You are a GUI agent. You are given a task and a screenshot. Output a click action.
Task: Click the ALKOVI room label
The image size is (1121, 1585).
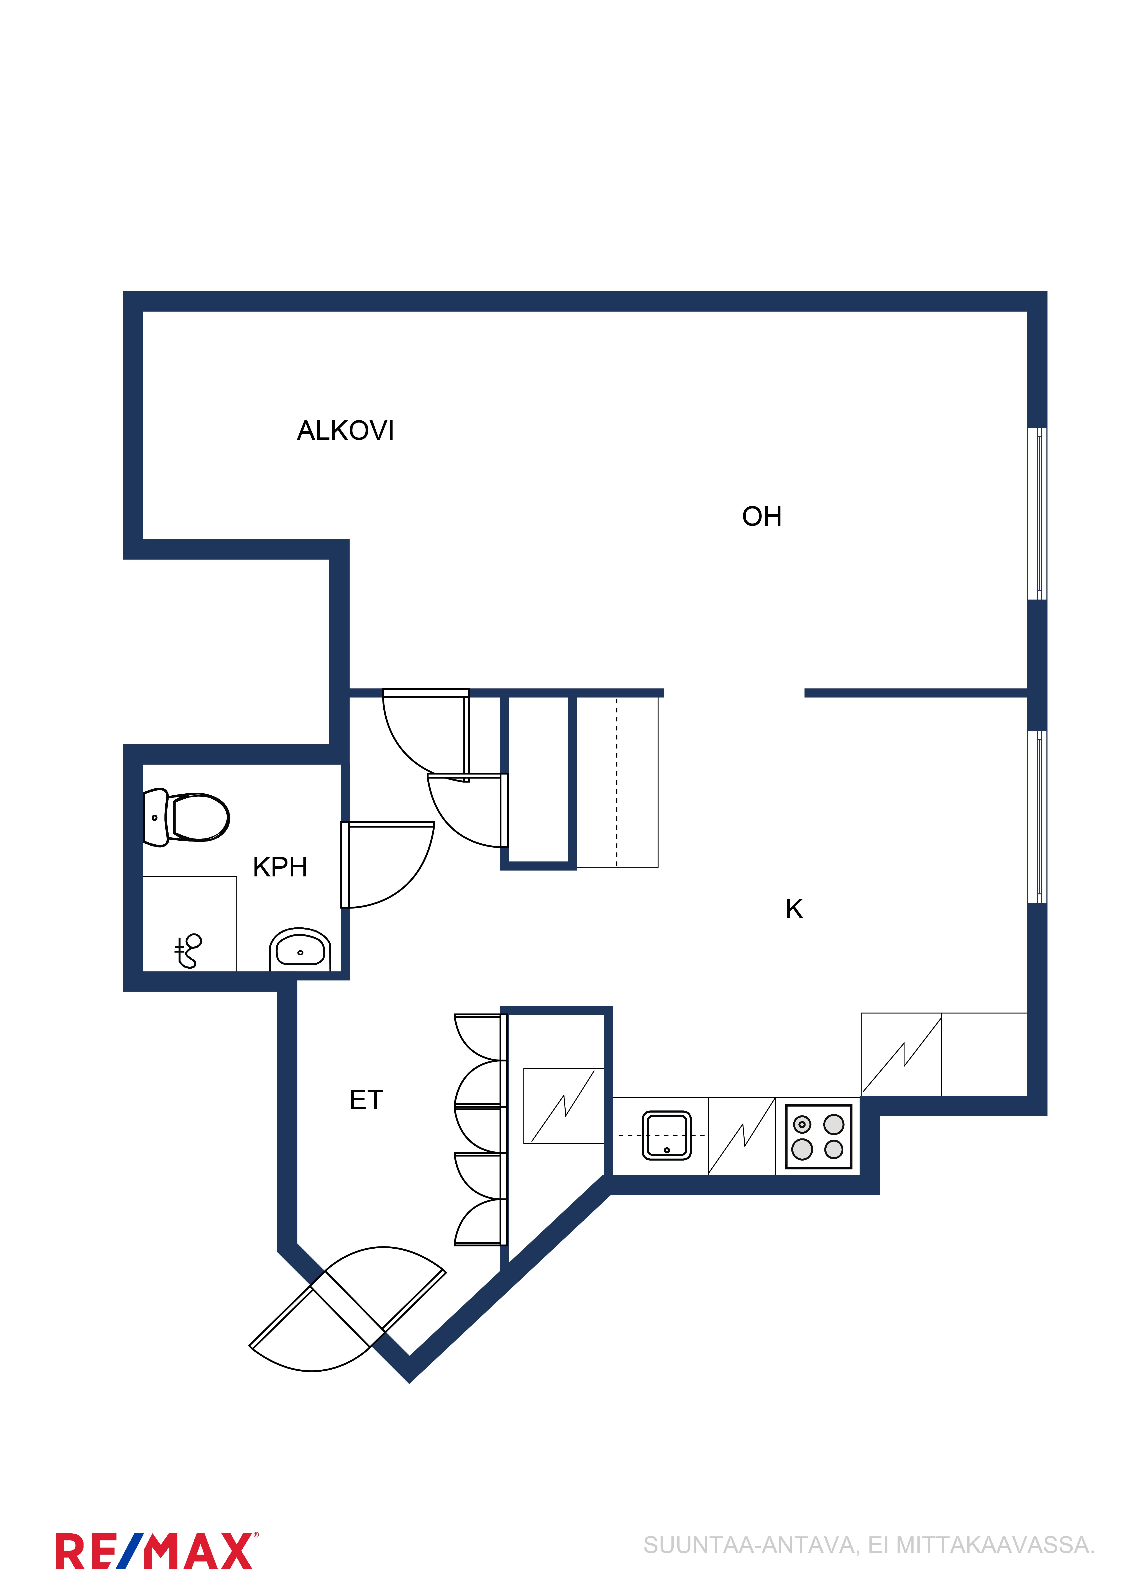point(345,431)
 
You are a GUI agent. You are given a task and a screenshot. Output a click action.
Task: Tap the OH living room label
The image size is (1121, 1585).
point(762,516)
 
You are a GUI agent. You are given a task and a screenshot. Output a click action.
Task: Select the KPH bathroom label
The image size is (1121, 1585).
point(280,867)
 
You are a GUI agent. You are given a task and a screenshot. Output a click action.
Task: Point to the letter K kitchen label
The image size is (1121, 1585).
point(794,909)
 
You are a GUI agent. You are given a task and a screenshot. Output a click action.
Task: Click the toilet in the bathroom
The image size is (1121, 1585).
point(186,817)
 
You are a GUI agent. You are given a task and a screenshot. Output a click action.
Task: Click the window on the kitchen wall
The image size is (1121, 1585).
point(1037,817)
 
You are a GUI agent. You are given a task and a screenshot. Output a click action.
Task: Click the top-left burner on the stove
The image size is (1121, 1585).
point(802,1125)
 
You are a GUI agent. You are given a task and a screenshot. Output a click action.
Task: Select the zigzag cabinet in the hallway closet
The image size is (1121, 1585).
point(564,1106)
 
